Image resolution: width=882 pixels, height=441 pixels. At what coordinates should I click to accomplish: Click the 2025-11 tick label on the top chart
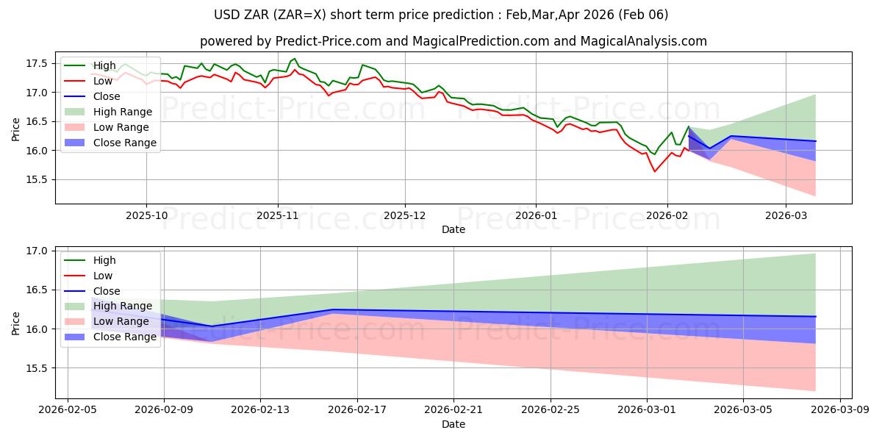click(x=277, y=216)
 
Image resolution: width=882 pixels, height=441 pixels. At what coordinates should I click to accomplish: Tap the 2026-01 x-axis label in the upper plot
click(x=535, y=216)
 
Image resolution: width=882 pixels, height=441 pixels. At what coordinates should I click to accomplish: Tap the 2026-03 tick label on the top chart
click(x=786, y=216)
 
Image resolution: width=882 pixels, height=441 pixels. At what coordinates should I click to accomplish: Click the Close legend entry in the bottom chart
click(x=107, y=291)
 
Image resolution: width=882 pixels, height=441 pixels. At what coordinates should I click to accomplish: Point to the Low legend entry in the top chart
click(x=104, y=82)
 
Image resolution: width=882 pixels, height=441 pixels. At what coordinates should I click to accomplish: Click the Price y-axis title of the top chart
click(x=16, y=129)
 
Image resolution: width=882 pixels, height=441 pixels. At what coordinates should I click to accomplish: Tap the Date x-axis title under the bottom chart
click(x=453, y=424)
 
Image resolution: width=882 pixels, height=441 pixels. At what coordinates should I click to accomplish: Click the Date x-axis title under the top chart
click(x=453, y=229)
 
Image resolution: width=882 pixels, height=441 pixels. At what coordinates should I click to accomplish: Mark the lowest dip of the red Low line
click(x=655, y=171)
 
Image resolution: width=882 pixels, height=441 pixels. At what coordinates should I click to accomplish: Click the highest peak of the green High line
click(x=294, y=59)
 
